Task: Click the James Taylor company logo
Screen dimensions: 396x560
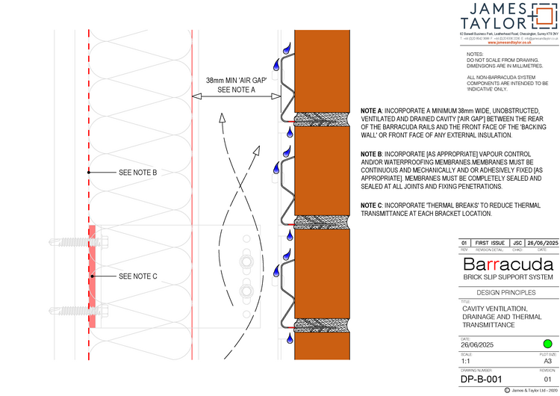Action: pos(507,17)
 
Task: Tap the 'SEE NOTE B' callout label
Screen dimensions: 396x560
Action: pos(137,173)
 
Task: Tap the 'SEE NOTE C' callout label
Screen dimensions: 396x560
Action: pos(137,276)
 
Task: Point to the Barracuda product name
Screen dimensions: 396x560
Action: pos(508,264)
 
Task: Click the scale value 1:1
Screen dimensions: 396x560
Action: pos(467,360)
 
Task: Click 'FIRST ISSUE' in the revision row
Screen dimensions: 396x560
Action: pos(490,243)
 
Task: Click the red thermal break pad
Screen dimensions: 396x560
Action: pos(92,276)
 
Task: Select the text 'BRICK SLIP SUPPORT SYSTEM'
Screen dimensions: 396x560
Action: pos(508,277)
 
